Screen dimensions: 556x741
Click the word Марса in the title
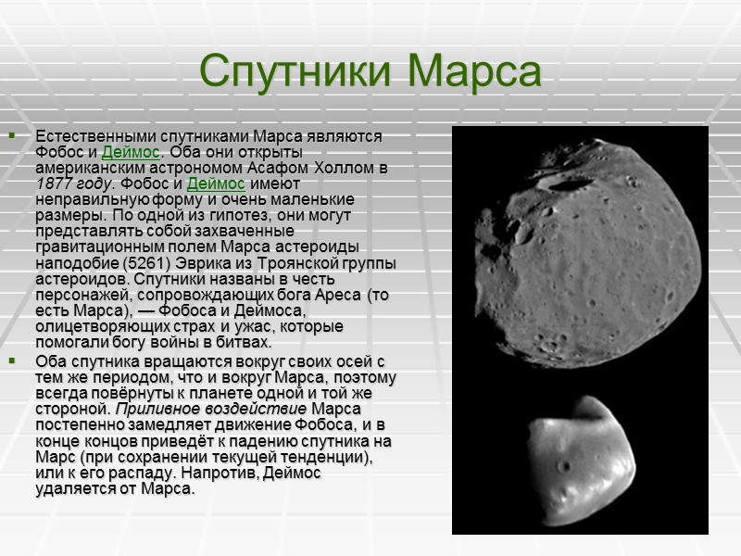[476, 71]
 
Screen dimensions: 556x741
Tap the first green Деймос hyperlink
[130, 152]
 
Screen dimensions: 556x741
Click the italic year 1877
[55, 183]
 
